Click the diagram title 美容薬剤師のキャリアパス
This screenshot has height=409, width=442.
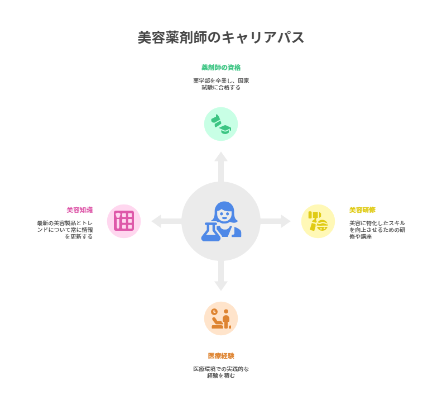point(221,37)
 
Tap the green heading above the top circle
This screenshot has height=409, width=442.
point(221,68)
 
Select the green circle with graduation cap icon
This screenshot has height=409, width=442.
point(221,124)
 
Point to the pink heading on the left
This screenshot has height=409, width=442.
point(80,210)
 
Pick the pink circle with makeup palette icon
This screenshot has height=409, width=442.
point(124,221)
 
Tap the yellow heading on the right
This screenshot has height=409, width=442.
point(362,210)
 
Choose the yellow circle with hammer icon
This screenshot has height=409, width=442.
point(318,221)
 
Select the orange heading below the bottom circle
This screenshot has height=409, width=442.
point(221,355)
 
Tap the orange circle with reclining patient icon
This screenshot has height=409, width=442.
point(221,318)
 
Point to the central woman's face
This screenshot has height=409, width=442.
point(224,214)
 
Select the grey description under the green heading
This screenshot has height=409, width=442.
point(221,84)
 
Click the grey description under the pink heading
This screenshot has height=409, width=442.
point(65,230)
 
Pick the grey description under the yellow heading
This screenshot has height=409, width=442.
point(377,230)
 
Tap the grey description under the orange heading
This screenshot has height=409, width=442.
point(221,372)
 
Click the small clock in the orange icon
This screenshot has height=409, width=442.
point(214,312)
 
